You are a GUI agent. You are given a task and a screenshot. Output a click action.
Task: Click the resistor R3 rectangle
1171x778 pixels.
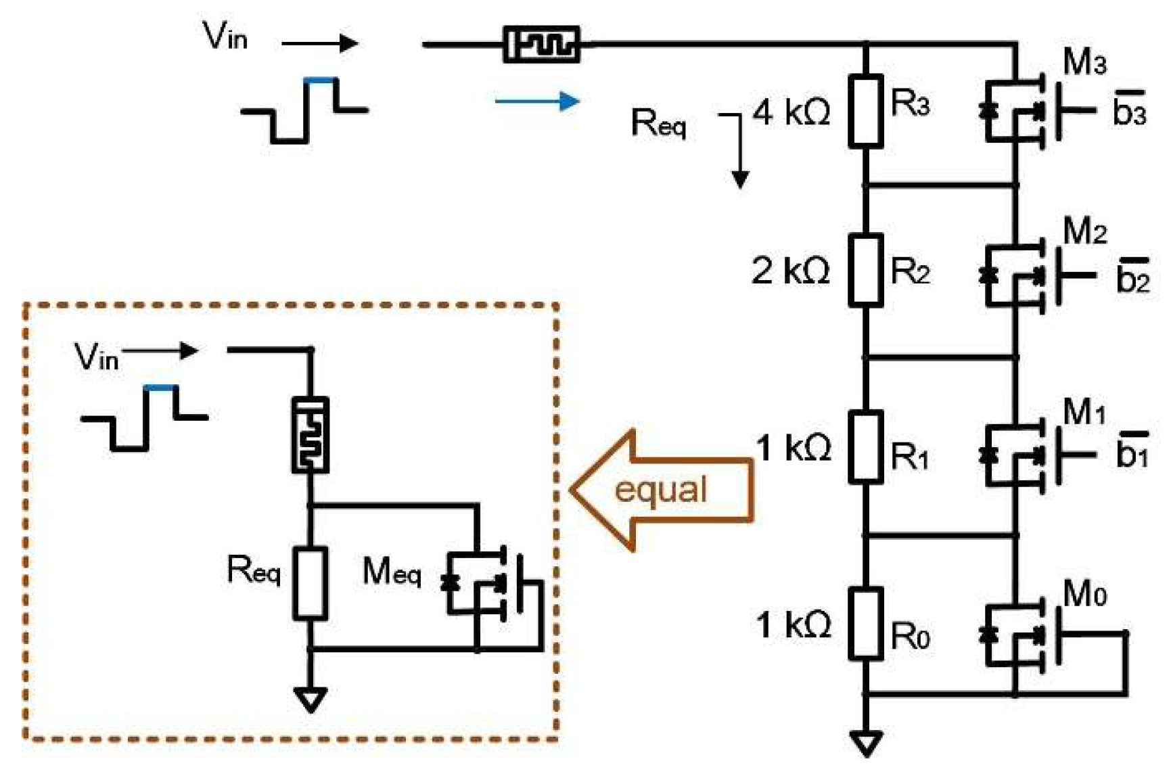[866, 110]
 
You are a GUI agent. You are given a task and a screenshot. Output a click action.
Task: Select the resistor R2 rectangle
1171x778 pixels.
[866, 270]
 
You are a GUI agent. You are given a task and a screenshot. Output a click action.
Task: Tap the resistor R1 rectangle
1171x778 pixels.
[866, 447]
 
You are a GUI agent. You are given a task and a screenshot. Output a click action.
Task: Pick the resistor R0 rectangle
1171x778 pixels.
[866, 623]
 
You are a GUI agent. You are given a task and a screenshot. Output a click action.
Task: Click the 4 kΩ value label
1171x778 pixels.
[791, 112]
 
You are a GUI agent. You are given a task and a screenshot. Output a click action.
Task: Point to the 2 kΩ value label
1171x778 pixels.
[791, 271]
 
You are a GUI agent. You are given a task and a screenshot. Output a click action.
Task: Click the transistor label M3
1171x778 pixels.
[1084, 62]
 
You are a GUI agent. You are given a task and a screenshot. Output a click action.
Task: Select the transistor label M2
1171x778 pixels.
[1084, 231]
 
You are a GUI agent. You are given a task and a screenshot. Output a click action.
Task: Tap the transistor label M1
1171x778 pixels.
[1084, 411]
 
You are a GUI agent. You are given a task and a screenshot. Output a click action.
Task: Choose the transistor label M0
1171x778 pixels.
[1084, 595]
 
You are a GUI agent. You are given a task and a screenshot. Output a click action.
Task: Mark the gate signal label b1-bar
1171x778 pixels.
[1132, 450]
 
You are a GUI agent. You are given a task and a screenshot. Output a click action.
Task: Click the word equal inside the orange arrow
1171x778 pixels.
[660, 489]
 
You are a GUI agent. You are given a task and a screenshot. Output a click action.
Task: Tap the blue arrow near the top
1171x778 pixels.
[537, 101]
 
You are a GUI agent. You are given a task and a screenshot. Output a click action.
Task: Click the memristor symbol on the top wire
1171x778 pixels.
[541, 45]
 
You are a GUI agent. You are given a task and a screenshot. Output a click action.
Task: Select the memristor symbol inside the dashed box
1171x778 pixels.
[310, 434]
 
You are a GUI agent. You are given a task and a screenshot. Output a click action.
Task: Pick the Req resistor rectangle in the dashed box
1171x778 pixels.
[310, 583]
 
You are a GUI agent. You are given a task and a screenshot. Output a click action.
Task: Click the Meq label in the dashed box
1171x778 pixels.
[392, 572]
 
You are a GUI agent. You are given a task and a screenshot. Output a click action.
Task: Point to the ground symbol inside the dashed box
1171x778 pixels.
[311, 700]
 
